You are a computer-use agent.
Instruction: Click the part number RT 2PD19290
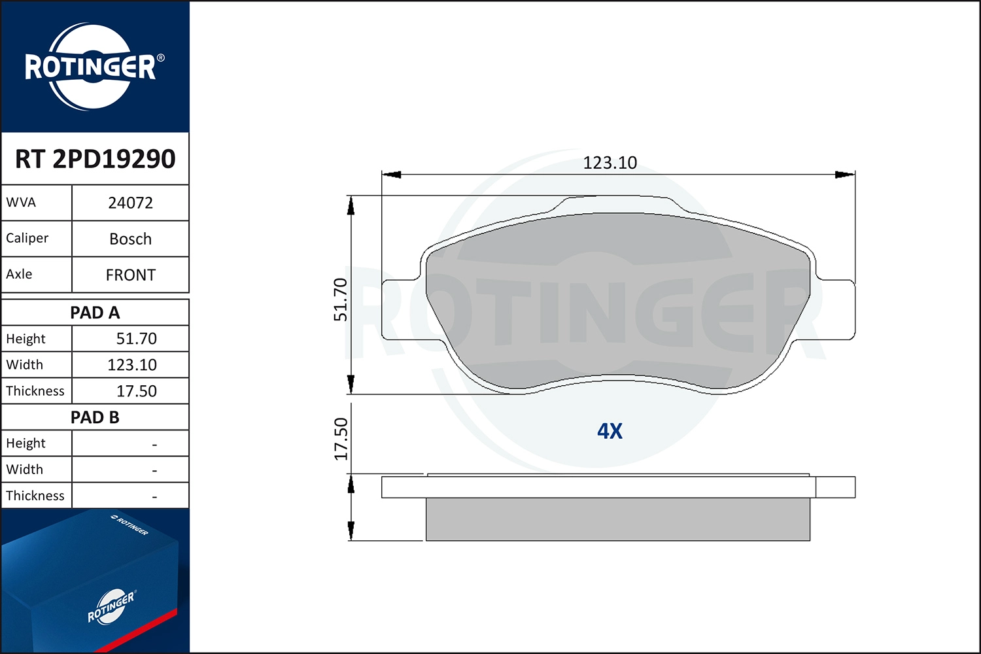pyautogui.click(x=95, y=158)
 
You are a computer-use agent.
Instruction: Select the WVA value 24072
pyautogui.click(x=131, y=203)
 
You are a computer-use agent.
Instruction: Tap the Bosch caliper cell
pyautogui.click(x=131, y=239)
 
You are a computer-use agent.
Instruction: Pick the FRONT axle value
pyautogui.click(x=131, y=275)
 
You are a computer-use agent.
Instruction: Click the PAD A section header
pyautogui.click(x=95, y=313)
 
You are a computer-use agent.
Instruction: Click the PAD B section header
pyautogui.click(x=95, y=417)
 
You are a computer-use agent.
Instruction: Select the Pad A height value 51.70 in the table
pyautogui.click(x=136, y=339)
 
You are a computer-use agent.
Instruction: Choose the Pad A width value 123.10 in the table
pyautogui.click(x=132, y=365)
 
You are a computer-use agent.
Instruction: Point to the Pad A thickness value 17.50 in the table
pyautogui.click(x=136, y=390)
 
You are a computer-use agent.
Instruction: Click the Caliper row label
pyautogui.click(x=27, y=238)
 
